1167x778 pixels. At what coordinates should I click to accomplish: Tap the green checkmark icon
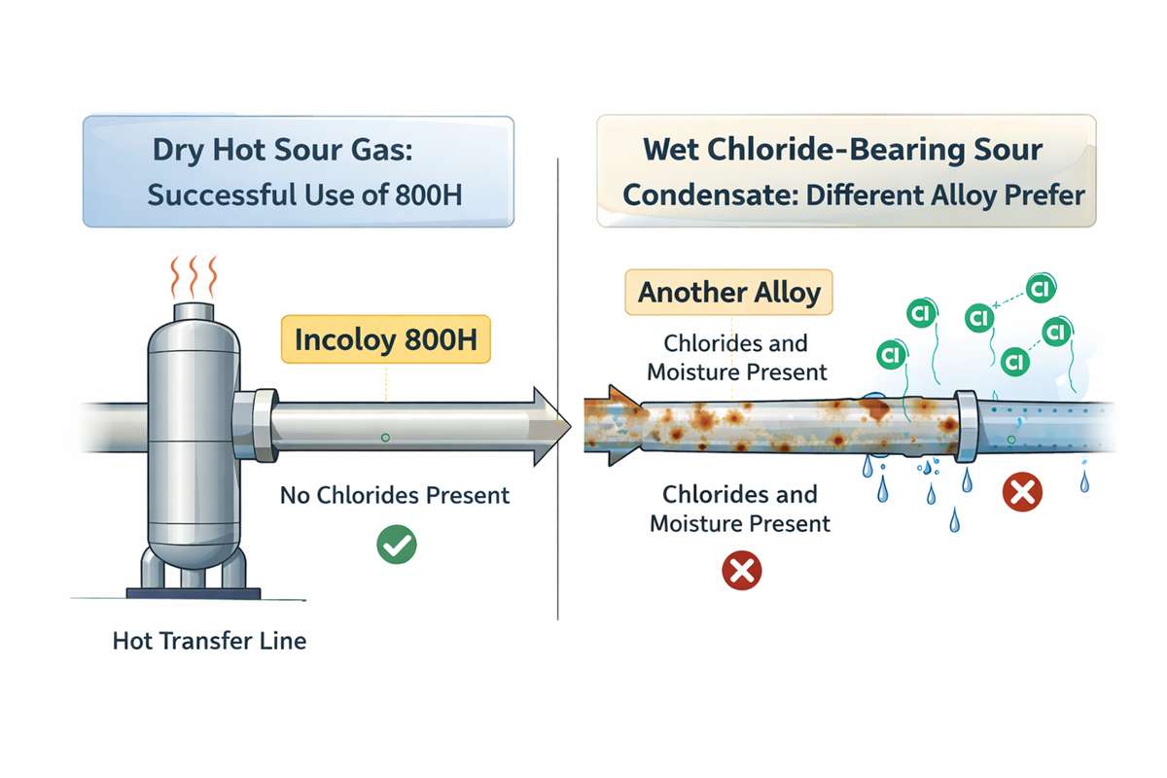396,544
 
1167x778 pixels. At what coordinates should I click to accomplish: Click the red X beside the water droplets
1022,493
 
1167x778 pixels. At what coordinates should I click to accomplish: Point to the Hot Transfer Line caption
209,642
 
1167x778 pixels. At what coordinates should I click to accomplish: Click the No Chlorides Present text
394,495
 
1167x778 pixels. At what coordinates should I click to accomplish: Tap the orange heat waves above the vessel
193,277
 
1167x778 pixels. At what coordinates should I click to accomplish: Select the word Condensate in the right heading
686,194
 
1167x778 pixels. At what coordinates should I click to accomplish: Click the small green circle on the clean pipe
386,439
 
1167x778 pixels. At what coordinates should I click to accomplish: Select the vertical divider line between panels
557,389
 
